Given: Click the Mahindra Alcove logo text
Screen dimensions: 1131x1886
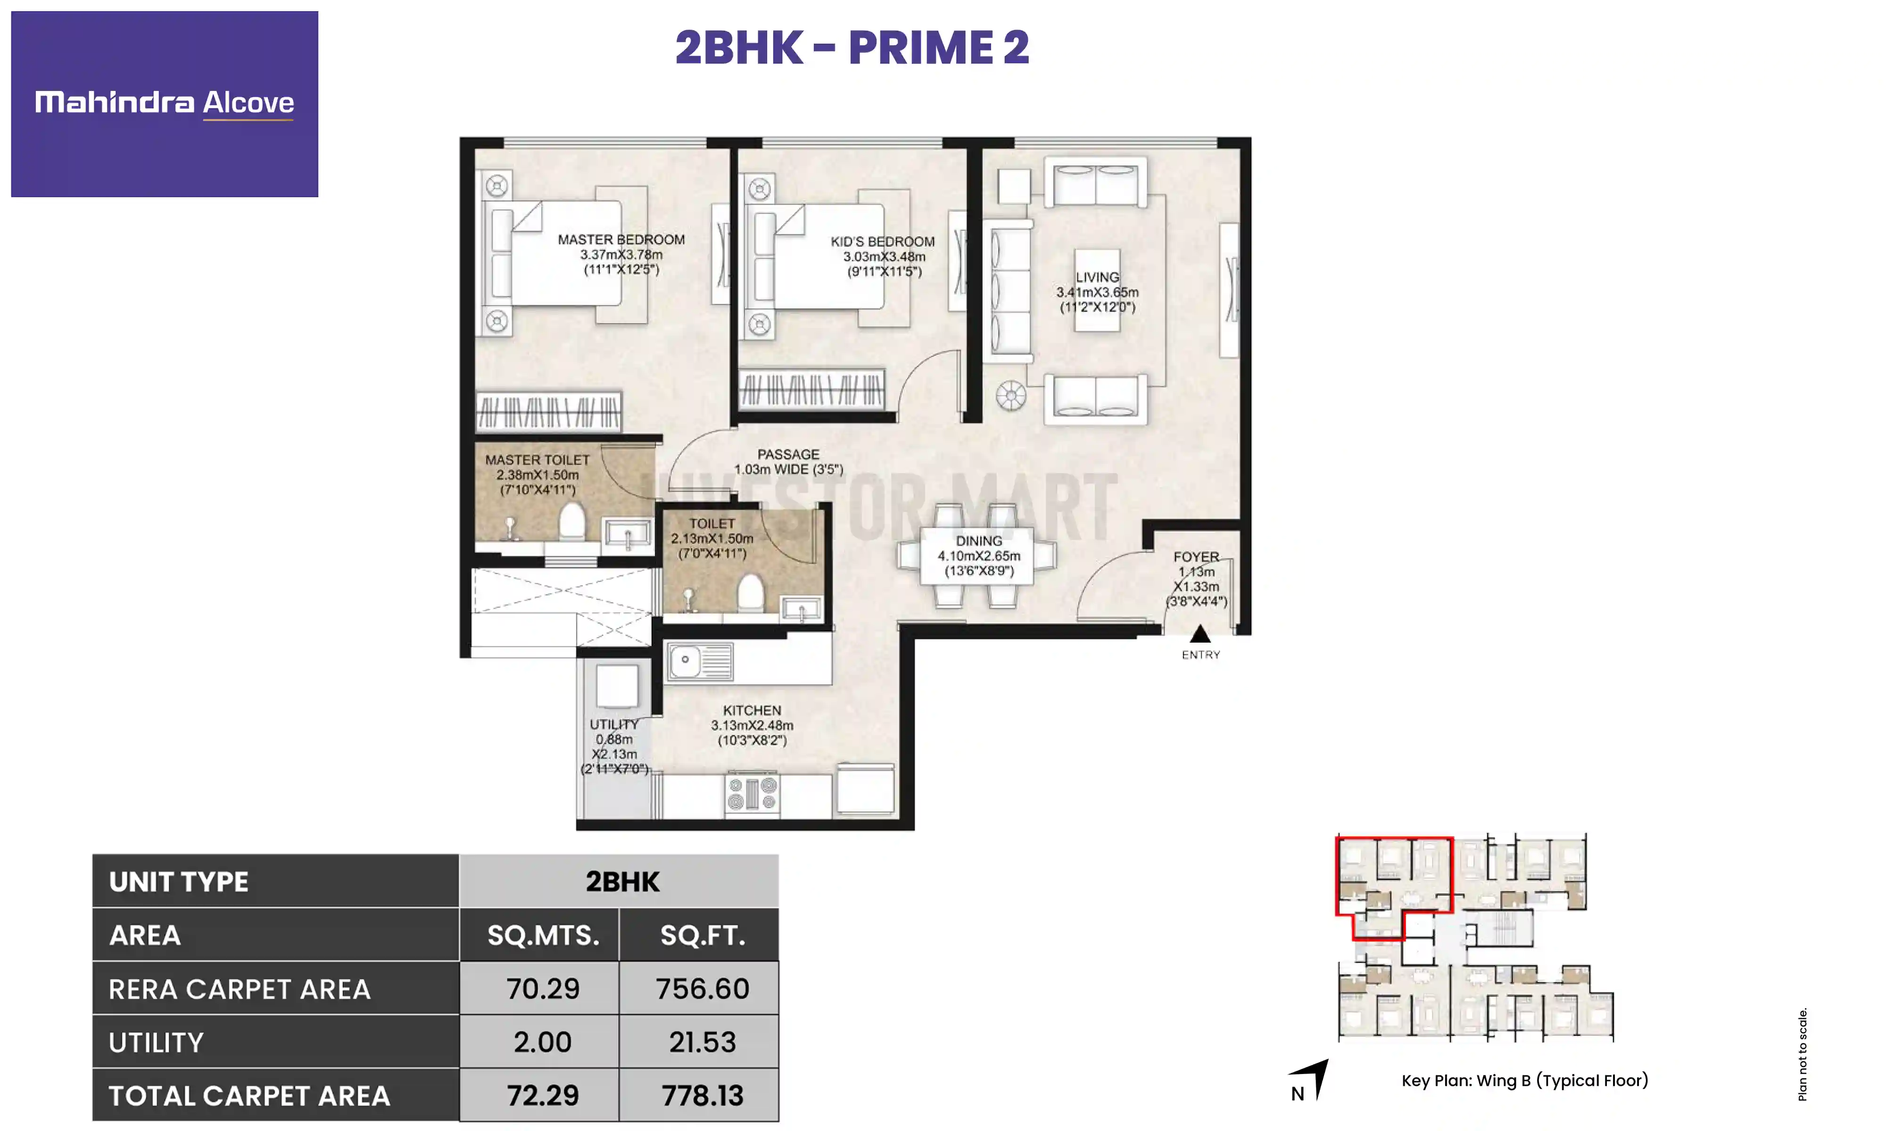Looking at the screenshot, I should point(164,102).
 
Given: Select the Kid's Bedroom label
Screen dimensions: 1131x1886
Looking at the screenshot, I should point(882,242).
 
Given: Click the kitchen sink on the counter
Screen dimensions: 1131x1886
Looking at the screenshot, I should point(699,661).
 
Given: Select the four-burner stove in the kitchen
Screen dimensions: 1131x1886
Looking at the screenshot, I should point(751,794).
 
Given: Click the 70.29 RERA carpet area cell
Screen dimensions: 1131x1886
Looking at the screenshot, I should point(542,989).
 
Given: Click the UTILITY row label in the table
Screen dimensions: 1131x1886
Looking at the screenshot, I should point(156,1042).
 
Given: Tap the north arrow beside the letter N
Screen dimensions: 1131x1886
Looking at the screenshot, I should point(1316,1076).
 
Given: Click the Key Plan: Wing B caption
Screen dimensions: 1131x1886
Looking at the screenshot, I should point(1524,1080).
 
